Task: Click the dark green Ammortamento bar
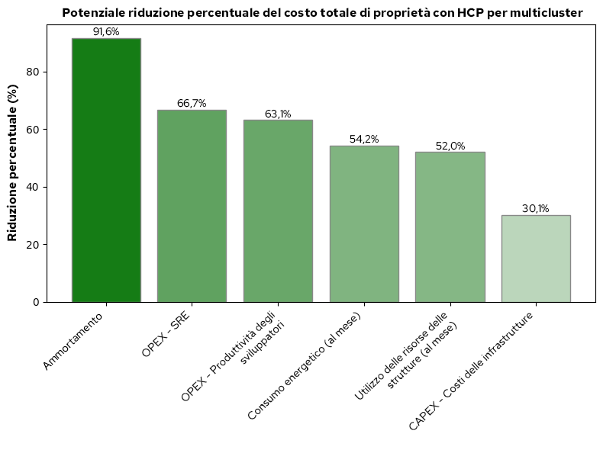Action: (106, 170)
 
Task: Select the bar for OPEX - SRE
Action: (192, 206)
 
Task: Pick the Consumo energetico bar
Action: (364, 223)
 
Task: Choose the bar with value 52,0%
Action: (450, 227)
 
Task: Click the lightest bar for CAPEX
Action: (536, 259)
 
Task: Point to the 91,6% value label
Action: (106, 32)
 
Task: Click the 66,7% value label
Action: (192, 104)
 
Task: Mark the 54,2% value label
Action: (364, 140)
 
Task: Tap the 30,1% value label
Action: (536, 209)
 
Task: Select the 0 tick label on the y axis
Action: (36, 303)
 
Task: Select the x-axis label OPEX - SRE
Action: (166, 335)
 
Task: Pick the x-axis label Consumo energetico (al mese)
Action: (305, 367)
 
